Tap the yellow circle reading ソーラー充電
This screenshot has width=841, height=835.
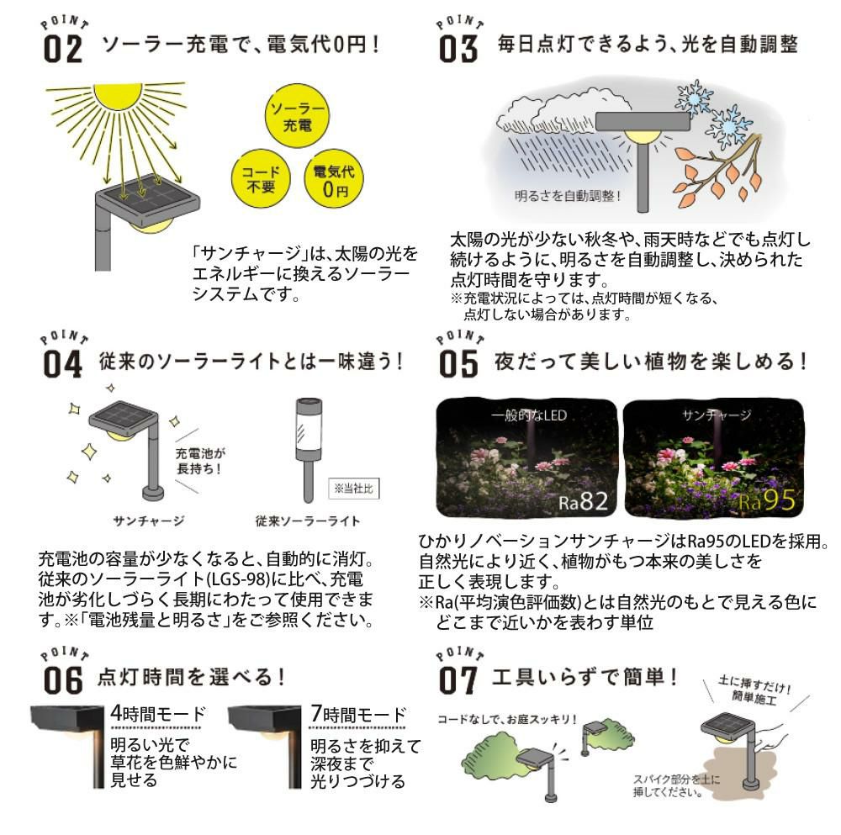coord(297,116)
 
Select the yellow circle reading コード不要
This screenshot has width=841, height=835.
coord(261,178)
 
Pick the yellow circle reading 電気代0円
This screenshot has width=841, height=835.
coord(334,178)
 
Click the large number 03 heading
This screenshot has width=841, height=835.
coord(458,48)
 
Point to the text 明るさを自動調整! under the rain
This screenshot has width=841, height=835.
coord(568,196)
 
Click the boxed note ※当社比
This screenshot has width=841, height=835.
coord(354,488)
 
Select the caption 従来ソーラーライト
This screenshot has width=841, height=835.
coord(307,521)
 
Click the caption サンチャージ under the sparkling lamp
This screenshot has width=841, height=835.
coord(149,521)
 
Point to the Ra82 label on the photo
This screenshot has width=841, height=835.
coord(583,502)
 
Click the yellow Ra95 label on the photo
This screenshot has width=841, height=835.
coord(767,501)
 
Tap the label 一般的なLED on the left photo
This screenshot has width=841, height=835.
coord(528,415)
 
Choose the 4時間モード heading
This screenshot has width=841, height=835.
coord(158,714)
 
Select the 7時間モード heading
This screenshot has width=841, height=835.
coord(358,714)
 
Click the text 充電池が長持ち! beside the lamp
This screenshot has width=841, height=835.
coord(200,461)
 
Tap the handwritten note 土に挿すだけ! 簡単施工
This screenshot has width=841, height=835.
coord(754,690)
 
